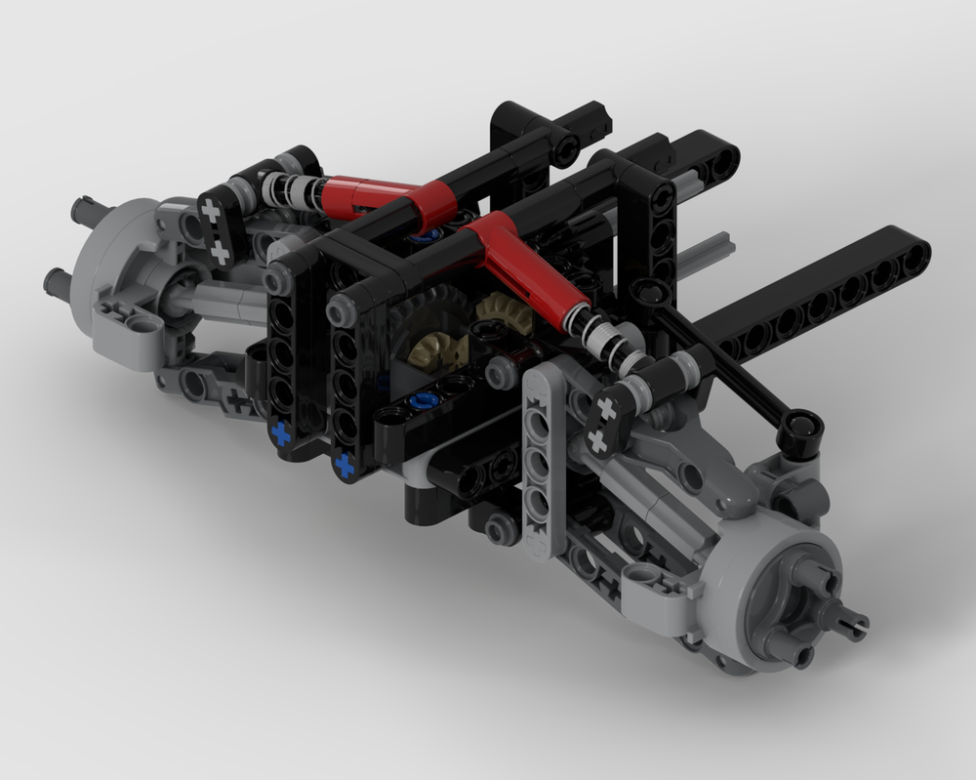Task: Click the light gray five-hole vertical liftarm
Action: point(540,469)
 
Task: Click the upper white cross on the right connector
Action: point(606,409)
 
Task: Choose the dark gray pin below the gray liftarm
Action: point(504,529)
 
